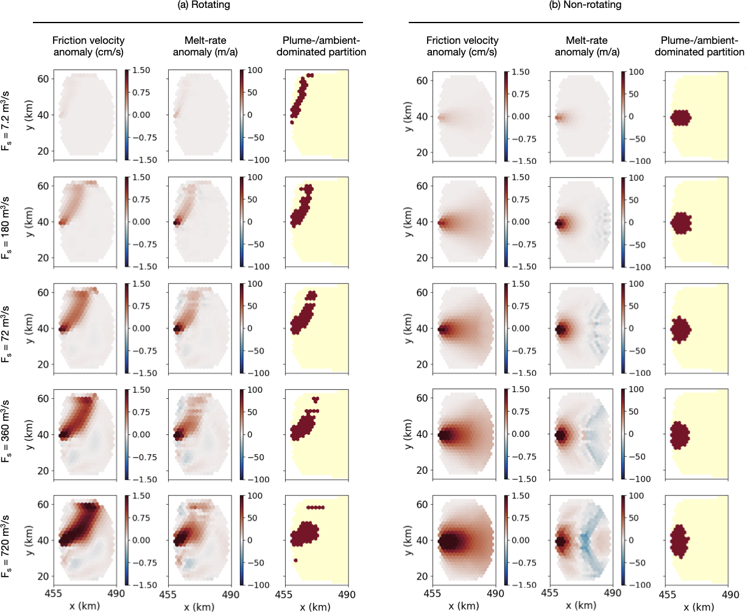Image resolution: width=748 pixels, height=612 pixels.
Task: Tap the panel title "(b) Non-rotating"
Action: coord(585,5)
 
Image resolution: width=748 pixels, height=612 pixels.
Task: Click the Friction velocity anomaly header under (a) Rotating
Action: coord(88,46)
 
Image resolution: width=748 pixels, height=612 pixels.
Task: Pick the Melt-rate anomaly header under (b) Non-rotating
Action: coord(587,46)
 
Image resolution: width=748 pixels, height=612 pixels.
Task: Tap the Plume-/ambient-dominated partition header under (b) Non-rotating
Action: coord(699,46)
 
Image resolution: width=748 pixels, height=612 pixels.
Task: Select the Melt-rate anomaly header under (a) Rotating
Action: coord(205,46)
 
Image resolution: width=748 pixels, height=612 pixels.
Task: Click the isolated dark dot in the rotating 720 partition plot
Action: coord(295,560)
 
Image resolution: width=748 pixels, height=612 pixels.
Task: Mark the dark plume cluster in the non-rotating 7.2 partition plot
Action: coord(680,118)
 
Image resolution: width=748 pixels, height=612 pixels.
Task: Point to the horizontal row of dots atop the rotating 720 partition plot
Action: coord(316,507)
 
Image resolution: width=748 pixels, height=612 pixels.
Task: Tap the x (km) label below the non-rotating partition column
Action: coord(699,607)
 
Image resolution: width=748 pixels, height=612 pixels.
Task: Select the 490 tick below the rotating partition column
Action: coord(347,594)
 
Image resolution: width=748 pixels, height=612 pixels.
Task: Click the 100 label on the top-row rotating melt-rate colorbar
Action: coord(255,70)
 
